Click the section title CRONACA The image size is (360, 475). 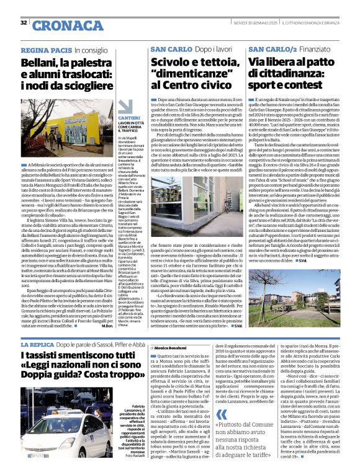60,25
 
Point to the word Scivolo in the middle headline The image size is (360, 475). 171,63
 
